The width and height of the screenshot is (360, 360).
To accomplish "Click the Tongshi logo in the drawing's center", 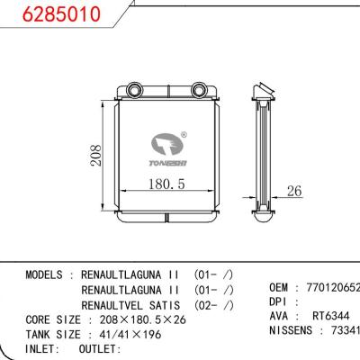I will (167, 148).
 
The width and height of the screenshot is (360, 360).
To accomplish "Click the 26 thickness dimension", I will (292, 190).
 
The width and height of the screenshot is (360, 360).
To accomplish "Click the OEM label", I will (280, 287).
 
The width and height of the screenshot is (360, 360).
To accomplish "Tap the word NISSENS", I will (292, 331).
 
